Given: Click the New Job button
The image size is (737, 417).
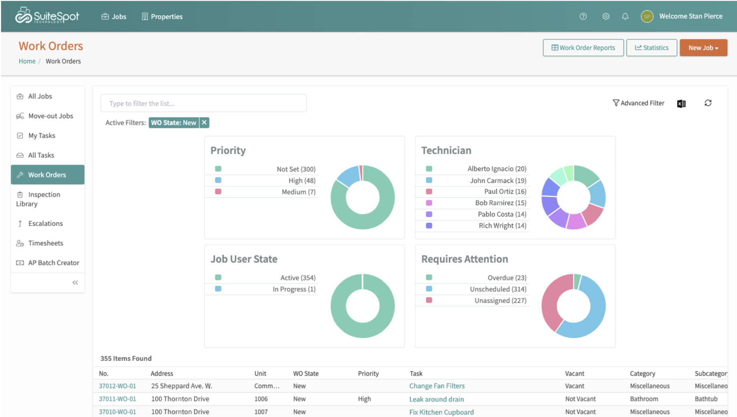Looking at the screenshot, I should coord(703,48).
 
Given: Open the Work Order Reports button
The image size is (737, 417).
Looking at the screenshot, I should coord(583,48).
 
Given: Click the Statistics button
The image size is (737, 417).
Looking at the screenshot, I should coord(651,48).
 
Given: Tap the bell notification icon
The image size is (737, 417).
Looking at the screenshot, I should coord(625,16).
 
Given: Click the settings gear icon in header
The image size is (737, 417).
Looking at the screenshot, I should coord(606,16).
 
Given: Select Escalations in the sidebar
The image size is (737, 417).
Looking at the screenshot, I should coord(45,223).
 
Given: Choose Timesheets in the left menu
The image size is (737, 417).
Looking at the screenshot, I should coord(46,243).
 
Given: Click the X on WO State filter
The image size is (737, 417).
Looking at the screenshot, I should coord(204,123).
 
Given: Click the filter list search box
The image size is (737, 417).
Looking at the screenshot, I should coord(203,103).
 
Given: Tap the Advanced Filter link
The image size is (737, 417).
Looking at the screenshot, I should coord(638,103).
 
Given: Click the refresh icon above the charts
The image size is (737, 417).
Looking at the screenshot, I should coord(708,103).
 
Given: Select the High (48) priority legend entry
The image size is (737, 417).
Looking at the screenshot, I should coord(301,181).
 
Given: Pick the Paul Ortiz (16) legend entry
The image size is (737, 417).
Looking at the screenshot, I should coord(505,192).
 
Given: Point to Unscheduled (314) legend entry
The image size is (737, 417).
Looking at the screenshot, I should coord(498,289).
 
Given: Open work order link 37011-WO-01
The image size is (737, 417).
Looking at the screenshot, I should coord(117,399).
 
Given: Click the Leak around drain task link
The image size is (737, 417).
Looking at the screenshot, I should coord(437,399).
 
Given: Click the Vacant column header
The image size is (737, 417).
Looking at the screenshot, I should coord(574,373).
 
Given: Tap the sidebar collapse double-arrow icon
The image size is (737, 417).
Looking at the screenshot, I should coord(75,283).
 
